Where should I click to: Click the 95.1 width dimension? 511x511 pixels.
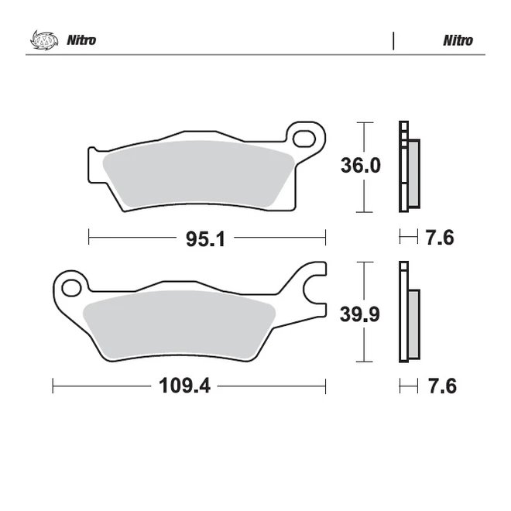(x=205, y=239)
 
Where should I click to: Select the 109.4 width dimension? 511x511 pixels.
(x=184, y=386)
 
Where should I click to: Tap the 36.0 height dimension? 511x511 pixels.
(x=361, y=165)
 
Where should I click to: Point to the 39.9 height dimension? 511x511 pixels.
(x=360, y=314)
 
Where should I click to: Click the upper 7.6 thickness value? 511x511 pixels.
(x=440, y=238)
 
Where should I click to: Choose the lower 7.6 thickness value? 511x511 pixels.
(x=441, y=386)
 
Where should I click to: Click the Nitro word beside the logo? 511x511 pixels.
(x=81, y=40)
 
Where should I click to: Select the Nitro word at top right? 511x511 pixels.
(x=458, y=41)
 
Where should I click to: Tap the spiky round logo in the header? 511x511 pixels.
(x=44, y=39)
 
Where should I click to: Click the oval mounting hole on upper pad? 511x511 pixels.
(x=304, y=139)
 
